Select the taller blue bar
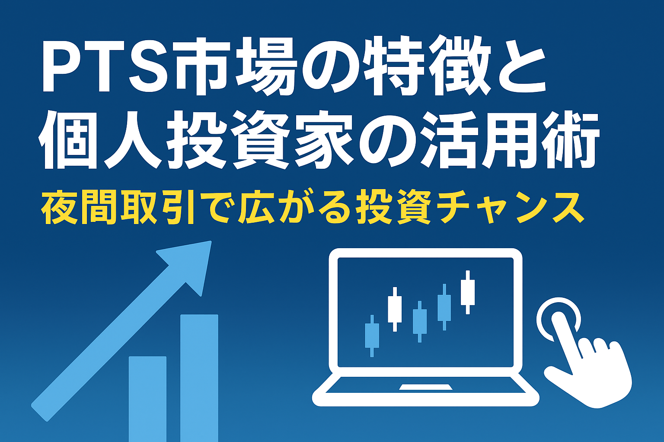[199, 378]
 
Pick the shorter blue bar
[147, 399]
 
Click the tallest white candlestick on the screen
[468, 292]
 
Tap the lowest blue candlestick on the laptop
[372, 336]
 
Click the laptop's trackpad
[426, 387]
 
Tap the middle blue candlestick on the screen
[420, 322]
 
